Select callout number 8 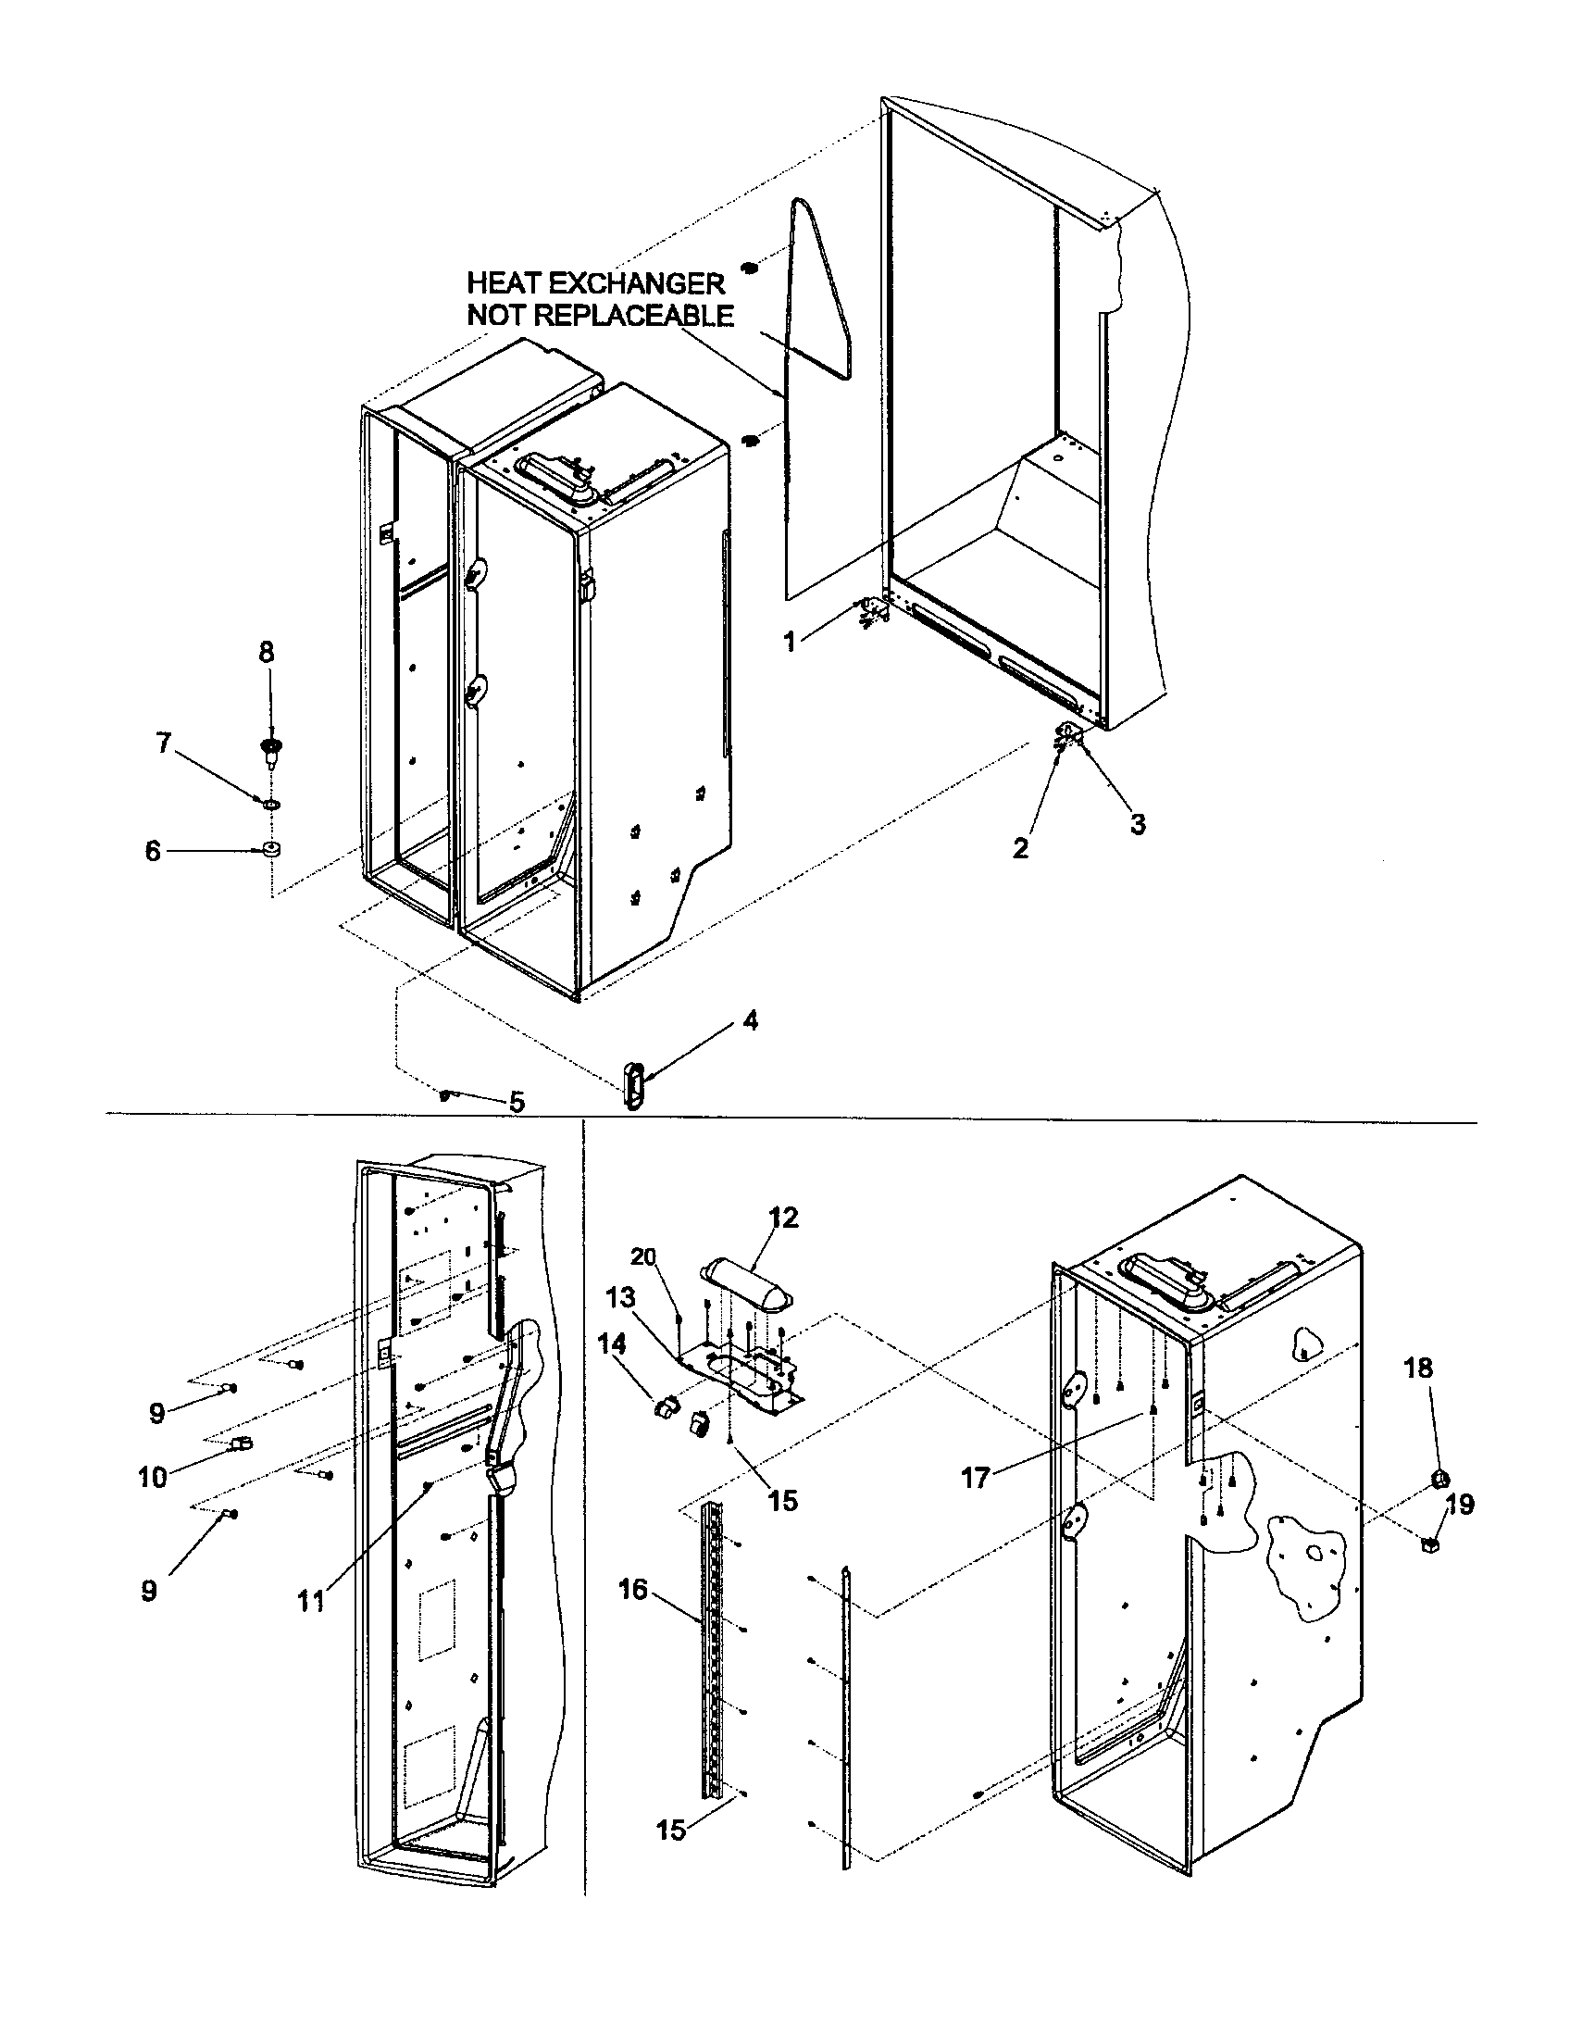pos(267,652)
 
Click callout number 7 pos(164,744)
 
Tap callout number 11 pos(310,1601)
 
